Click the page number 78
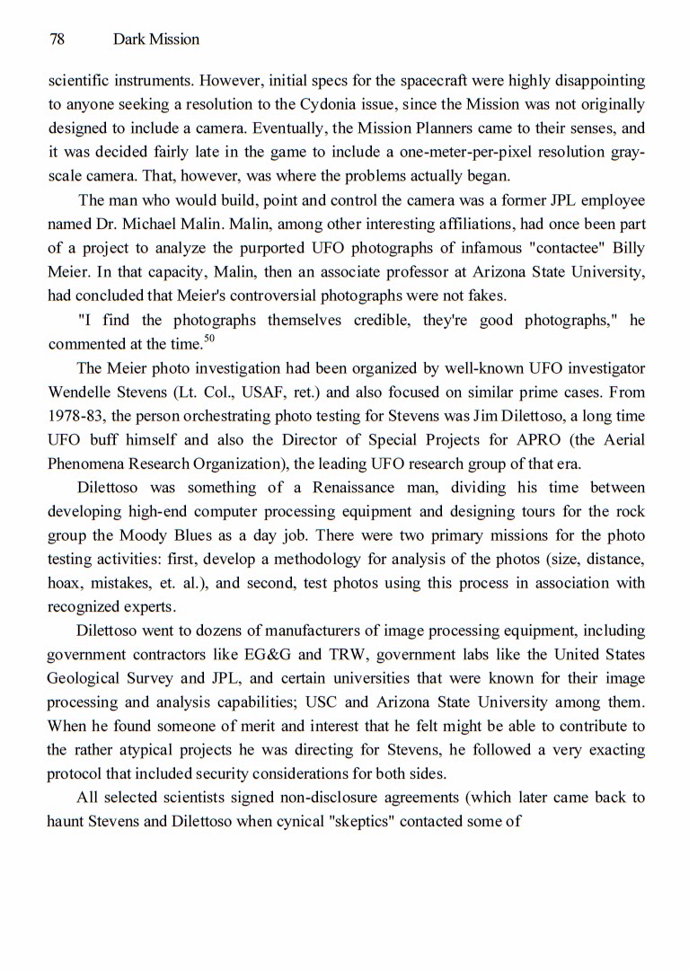(57, 40)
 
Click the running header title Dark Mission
(156, 40)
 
